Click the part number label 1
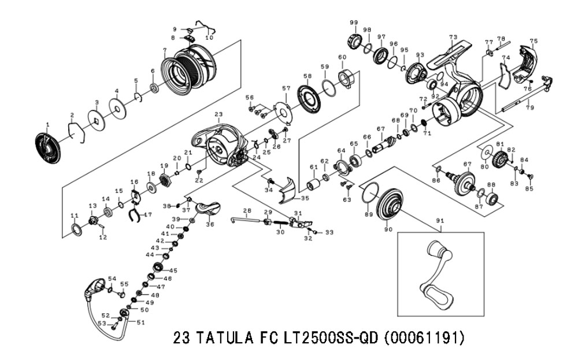[x=47, y=125]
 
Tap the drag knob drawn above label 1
[x=48, y=149]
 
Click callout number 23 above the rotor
[x=218, y=114]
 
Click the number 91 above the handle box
[x=440, y=221]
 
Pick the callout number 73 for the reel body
[x=453, y=37]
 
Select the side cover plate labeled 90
[x=389, y=206]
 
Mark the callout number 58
[x=307, y=76]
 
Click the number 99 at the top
[x=354, y=23]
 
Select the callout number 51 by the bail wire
[x=141, y=323]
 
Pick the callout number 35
[x=305, y=199]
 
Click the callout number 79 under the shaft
[x=529, y=108]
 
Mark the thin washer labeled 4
[x=117, y=109]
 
